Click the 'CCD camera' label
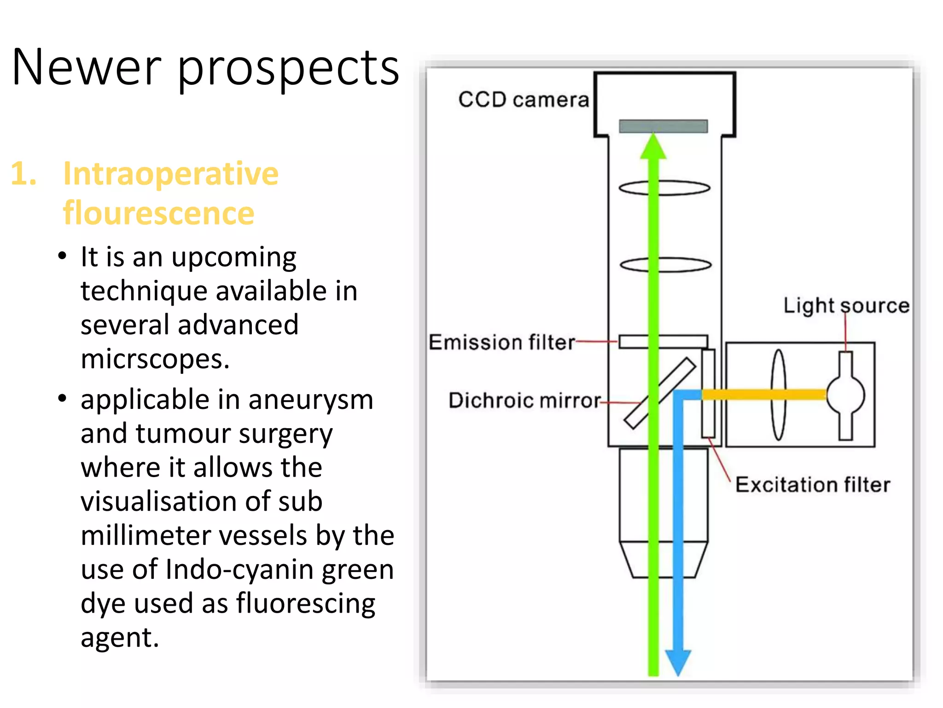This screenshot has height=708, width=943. point(524,100)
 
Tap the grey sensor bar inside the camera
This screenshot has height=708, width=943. point(663,126)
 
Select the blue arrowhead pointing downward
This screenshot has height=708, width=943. point(678,661)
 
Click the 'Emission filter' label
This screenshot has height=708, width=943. point(501,342)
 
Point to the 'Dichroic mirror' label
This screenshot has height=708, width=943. point(524,400)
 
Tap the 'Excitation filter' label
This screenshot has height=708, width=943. point(812,485)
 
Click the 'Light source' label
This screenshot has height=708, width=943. point(846,306)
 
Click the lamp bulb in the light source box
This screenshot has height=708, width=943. point(845,395)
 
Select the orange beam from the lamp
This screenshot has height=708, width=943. point(764,395)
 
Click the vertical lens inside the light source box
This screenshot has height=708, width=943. point(779,395)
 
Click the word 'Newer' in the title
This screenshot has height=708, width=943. point(87,67)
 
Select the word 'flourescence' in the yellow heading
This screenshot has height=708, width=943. point(158,213)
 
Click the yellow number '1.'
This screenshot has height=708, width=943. point(23,174)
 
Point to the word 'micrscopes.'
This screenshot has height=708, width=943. point(155,359)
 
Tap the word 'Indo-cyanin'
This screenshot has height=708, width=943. point(239,570)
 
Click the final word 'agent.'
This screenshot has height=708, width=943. point(120,638)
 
